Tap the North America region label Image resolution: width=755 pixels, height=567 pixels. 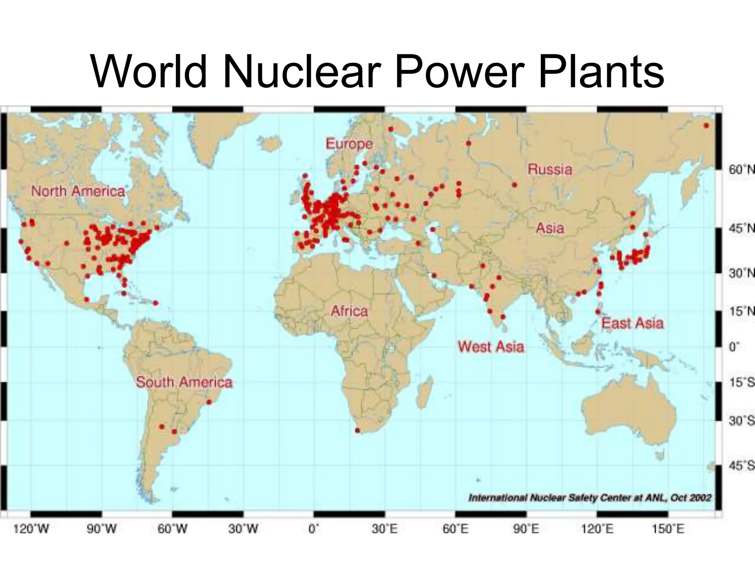(x=78, y=192)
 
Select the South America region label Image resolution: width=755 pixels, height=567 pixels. (x=184, y=382)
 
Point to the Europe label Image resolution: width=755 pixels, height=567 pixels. (x=349, y=144)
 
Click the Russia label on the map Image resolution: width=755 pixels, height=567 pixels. (x=550, y=169)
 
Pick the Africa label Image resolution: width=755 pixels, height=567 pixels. (x=349, y=311)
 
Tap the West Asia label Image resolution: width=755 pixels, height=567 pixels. (x=491, y=347)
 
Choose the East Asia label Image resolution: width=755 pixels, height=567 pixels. (x=632, y=323)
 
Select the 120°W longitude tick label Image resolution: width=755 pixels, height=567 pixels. (x=31, y=529)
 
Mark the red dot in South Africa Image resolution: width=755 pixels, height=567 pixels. (x=357, y=430)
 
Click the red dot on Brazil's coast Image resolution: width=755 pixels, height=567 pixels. (x=209, y=402)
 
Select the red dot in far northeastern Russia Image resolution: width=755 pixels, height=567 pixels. (x=706, y=126)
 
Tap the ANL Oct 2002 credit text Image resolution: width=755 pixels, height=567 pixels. (x=589, y=498)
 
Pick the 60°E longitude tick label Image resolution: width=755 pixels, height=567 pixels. (x=456, y=529)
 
